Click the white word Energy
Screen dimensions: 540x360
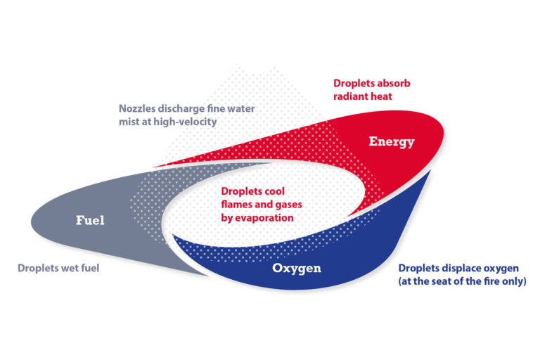coord(392,141)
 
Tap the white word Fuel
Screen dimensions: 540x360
coord(90,220)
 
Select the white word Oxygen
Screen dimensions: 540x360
coord(297,269)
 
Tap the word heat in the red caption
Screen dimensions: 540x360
coord(381,96)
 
